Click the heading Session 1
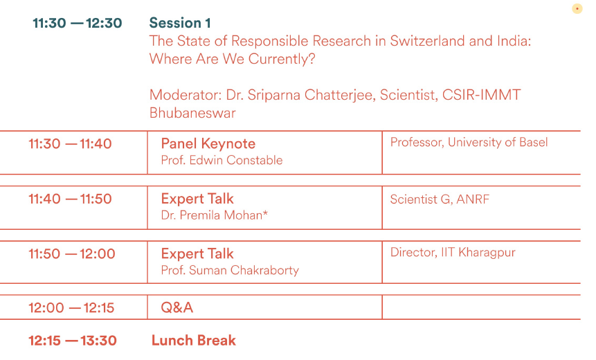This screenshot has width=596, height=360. (x=180, y=23)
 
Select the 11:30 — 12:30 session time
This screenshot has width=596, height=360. (x=77, y=23)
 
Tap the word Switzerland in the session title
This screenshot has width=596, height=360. (x=427, y=41)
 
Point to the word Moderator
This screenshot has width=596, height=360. (x=186, y=95)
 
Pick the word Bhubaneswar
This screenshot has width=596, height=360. (x=192, y=113)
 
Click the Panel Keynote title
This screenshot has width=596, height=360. (x=208, y=144)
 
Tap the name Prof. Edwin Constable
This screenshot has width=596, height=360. (x=222, y=160)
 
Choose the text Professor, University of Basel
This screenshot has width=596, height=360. (x=469, y=142)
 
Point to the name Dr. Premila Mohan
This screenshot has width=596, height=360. (x=215, y=215)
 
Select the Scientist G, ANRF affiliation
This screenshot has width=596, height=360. (x=440, y=199)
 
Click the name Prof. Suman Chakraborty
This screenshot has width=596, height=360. (x=230, y=270)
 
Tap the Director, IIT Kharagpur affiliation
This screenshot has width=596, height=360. (x=453, y=253)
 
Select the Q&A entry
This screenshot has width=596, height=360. (x=177, y=307)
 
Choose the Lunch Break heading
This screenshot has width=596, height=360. (x=194, y=340)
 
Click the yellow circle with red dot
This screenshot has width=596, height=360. (x=577, y=8)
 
